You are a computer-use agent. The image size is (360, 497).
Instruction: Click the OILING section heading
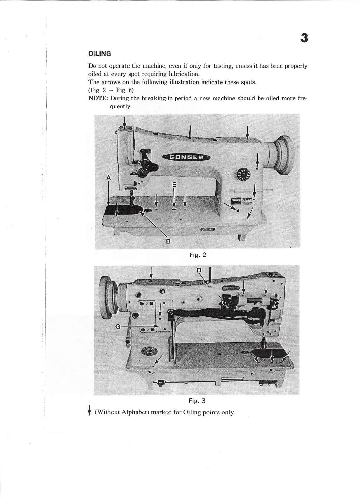click(100, 54)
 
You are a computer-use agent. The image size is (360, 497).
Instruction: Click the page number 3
click(304, 38)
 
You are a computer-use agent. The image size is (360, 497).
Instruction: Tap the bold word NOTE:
click(98, 98)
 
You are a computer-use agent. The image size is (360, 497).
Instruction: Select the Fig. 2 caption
click(198, 255)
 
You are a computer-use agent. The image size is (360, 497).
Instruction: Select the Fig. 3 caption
click(197, 401)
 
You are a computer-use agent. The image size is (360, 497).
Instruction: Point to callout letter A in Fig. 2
click(108, 178)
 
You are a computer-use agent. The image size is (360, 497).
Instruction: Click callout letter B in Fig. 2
click(168, 241)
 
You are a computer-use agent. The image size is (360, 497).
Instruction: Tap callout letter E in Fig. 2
click(174, 185)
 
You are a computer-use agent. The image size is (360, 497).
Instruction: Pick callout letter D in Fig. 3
click(199, 270)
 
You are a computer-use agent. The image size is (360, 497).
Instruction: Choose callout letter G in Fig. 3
click(118, 326)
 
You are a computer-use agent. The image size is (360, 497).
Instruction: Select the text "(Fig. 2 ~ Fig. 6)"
click(111, 90)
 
